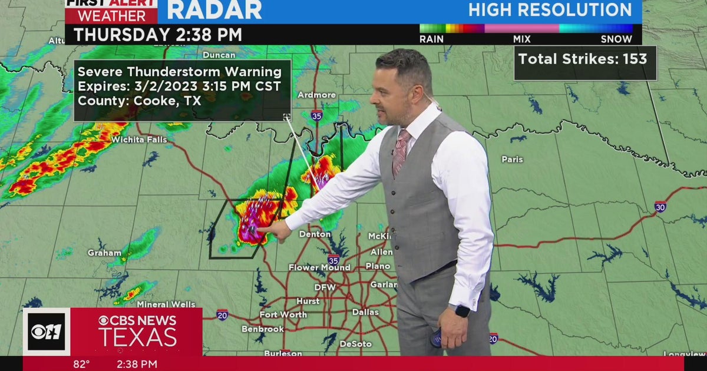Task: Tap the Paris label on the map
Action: click(x=512, y=159)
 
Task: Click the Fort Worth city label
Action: click(x=283, y=314)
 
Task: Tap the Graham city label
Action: click(x=104, y=253)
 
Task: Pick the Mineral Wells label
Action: click(x=166, y=304)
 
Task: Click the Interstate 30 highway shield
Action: click(x=660, y=207)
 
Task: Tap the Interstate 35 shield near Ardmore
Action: click(x=316, y=115)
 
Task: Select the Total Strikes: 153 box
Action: click(x=585, y=59)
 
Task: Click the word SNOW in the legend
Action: click(x=616, y=39)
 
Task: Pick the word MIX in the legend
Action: click(x=521, y=39)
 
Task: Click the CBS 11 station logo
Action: click(x=46, y=332)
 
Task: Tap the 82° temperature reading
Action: click(x=81, y=364)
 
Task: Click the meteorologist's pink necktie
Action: click(x=401, y=152)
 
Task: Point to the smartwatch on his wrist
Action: click(x=462, y=311)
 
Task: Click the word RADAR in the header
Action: click(x=214, y=10)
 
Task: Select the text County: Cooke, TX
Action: click(x=140, y=100)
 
